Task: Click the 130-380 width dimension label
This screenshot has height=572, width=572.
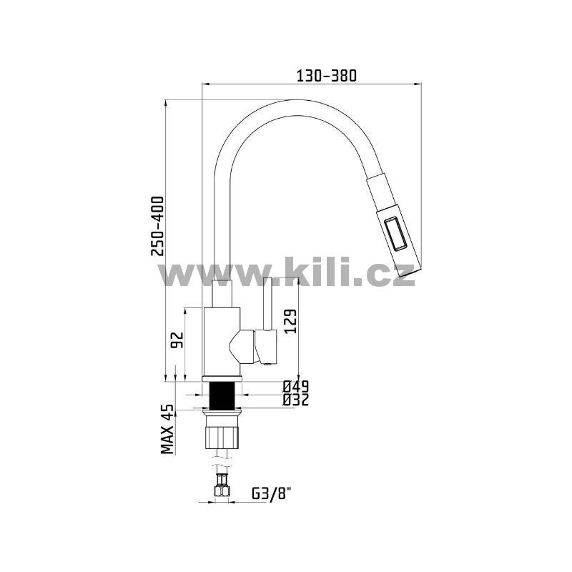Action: (x=326, y=76)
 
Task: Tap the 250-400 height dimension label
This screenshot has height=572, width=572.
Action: (x=158, y=226)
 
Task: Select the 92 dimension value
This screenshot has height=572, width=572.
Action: (x=177, y=340)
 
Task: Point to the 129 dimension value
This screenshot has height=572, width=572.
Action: (x=291, y=321)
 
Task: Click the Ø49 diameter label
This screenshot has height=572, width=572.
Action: (x=296, y=386)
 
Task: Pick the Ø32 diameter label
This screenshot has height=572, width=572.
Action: (x=296, y=400)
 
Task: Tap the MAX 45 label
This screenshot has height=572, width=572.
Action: (x=167, y=429)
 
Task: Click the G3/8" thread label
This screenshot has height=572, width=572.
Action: (x=272, y=494)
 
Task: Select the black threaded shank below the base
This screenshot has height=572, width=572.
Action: (x=222, y=395)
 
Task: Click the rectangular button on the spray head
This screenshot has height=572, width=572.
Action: (x=395, y=234)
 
